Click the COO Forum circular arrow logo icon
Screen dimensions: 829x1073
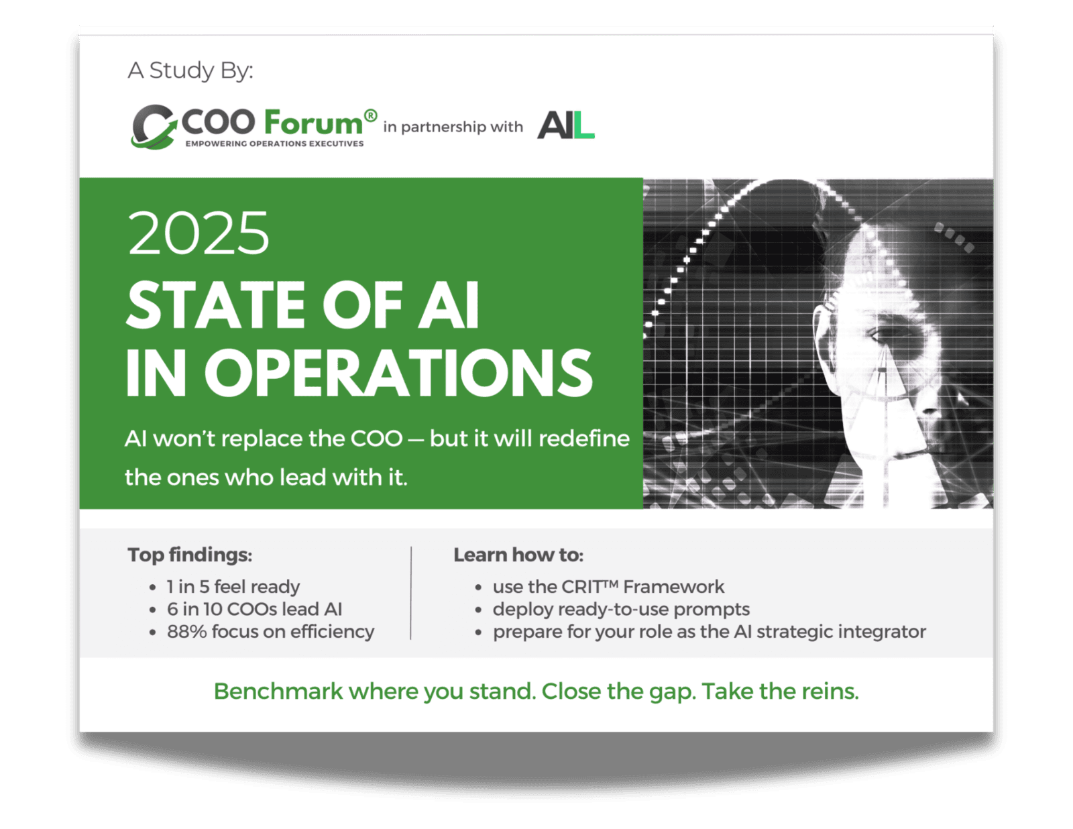(154, 126)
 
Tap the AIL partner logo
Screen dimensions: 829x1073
(565, 125)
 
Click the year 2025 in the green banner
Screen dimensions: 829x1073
(199, 233)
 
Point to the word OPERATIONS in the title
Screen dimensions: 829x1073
(398, 372)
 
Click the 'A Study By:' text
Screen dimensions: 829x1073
(190, 70)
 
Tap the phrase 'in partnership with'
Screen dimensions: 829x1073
(453, 127)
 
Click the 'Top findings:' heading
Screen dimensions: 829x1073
(190, 555)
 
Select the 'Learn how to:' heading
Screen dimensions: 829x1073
(518, 555)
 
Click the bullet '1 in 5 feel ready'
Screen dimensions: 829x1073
(233, 587)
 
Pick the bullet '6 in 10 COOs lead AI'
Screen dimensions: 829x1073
(254, 609)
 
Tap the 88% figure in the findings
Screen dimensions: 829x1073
(186, 632)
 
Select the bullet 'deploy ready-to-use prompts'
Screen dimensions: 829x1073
(621, 609)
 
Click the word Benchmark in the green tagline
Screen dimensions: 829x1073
(278, 691)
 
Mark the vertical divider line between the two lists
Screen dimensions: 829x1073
(410, 593)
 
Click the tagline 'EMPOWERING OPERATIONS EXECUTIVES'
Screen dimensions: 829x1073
(274, 144)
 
